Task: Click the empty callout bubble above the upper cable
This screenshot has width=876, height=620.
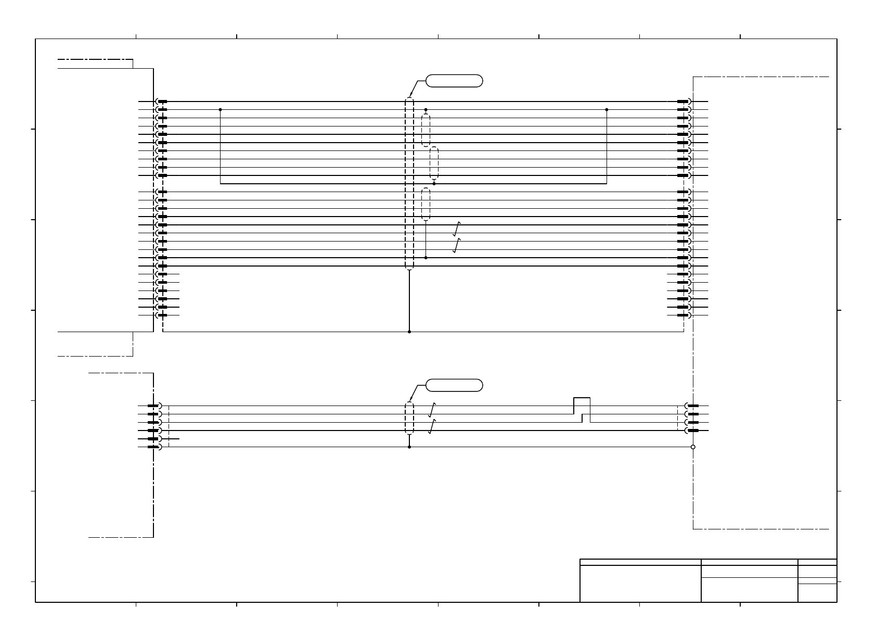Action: (454, 81)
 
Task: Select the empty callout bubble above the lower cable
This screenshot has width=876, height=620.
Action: (454, 385)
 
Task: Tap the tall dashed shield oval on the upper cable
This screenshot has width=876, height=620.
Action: (409, 183)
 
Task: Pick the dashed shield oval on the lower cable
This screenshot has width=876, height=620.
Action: (409, 418)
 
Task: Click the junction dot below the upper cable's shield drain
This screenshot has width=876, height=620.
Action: (409, 332)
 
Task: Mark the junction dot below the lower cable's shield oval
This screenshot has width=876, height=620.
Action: (409, 447)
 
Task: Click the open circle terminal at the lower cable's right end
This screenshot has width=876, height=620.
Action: (693, 447)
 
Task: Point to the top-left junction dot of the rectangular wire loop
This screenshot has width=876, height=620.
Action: (221, 110)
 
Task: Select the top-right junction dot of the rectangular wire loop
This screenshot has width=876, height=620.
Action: (607, 110)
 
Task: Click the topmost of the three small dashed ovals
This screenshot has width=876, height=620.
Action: (426, 130)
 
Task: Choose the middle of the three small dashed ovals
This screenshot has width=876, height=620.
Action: (434, 163)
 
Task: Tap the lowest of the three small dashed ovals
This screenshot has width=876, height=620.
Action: (426, 204)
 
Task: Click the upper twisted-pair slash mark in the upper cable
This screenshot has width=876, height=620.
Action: (457, 229)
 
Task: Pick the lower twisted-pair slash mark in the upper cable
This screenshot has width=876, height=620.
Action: (457, 246)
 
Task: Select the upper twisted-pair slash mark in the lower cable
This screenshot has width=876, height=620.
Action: (432, 410)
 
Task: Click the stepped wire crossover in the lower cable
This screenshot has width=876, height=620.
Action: (582, 410)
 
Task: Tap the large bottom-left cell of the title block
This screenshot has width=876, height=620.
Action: (640, 584)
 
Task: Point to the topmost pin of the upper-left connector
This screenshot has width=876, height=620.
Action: (162, 102)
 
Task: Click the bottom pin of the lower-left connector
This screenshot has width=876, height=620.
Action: (154, 447)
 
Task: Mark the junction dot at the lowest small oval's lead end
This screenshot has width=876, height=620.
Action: (426, 258)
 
